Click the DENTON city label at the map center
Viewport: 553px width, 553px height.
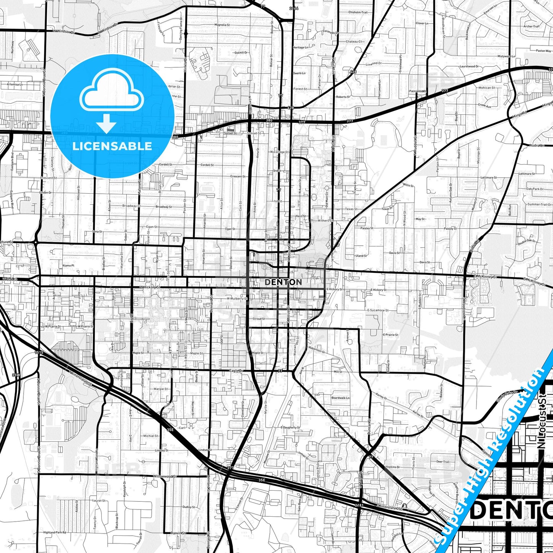pos(283,282)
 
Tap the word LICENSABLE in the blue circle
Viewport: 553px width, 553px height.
pos(112,146)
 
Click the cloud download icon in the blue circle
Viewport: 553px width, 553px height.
pos(111,101)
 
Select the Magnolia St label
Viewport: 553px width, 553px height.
pos(222,25)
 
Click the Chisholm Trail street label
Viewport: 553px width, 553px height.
pos(358,12)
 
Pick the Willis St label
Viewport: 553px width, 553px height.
pos(408,185)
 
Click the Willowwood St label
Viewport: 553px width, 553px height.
pos(165,476)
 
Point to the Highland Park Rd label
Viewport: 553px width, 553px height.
pos(54,532)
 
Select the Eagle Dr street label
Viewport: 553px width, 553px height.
pos(237,371)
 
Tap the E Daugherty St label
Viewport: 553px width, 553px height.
pos(290,427)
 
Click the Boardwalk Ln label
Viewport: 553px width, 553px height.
pos(340,398)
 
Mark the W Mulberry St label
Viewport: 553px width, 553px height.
pos(237,299)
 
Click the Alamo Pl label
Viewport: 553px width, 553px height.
pos(68,265)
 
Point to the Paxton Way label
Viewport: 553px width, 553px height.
pos(543,51)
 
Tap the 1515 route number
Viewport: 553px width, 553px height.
pos(39,352)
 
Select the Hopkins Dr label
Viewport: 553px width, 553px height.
pos(393,467)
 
